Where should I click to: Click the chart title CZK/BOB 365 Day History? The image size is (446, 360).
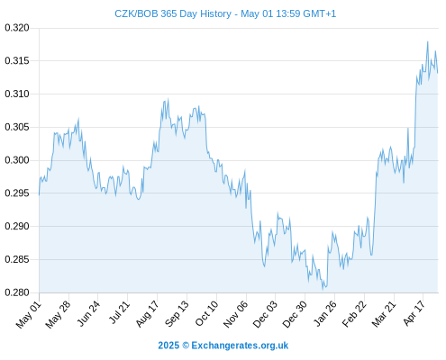[173, 13]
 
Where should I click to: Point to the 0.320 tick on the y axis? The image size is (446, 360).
[17, 28]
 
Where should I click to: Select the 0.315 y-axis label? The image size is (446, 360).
[17, 61]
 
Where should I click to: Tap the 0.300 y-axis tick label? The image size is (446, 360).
[17, 160]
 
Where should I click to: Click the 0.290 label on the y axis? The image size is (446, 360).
[17, 226]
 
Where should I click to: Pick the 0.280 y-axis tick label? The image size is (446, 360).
[17, 292]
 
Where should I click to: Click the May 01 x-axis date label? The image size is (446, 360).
[29, 315]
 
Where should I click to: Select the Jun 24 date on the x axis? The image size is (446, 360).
[88, 313]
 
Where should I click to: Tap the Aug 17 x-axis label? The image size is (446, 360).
[147, 314]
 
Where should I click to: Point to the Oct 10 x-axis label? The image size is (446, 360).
[207, 313]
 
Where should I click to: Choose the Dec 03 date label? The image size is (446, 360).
[265, 314]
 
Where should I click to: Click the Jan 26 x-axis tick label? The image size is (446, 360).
[324, 313]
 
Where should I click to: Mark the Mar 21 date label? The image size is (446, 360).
[384, 314]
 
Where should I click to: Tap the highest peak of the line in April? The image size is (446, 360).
[428, 41]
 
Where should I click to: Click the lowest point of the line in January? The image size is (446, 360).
[323, 290]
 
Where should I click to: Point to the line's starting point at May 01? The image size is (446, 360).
[39, 195]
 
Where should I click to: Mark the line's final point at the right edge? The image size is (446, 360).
[438, 73]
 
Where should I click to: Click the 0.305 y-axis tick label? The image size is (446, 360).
[17, 127]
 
